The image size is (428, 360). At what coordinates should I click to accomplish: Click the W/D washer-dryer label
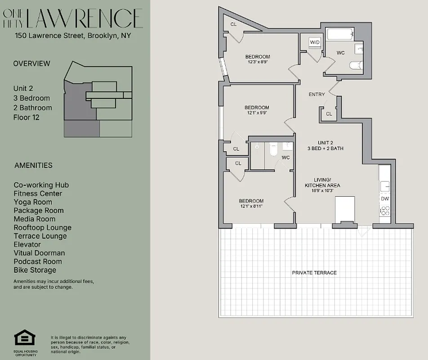coord(314,42)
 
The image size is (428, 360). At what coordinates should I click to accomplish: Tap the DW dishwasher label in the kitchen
coord(385,198)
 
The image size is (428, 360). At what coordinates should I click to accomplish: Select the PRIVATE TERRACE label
coord(314,273)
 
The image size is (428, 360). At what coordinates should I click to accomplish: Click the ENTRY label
coord(317,94)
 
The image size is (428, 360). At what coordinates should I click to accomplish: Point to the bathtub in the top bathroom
coord(339,34)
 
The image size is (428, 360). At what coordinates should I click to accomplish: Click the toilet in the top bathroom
coord(356,66)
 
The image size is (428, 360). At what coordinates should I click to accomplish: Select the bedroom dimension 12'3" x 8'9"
coord(259,62)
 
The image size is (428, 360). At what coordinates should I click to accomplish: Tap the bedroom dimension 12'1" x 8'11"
coord(251,206)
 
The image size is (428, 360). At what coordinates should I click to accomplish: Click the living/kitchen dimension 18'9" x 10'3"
coord(322,191)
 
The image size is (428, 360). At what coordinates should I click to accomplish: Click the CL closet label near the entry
coord(329,114)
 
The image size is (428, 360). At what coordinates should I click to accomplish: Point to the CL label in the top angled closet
coord(233,24)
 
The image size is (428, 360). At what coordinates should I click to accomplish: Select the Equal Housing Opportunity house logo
coord(22,338)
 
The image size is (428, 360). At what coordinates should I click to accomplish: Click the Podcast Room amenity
coord(38,261)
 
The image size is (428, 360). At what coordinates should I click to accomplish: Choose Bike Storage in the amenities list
coord(35,270)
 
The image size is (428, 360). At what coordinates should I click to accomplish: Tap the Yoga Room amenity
coord(33,202)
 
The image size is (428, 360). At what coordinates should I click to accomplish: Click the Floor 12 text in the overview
coord(27,117)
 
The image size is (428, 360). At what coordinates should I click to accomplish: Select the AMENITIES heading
coord(33,165)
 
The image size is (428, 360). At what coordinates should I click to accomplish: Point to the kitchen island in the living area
coord(345,208)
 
